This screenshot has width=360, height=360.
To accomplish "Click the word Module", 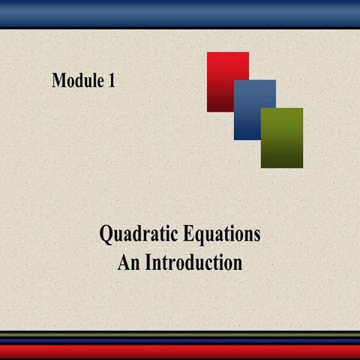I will pos(78,81).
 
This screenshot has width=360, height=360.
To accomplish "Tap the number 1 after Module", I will pos(111,81).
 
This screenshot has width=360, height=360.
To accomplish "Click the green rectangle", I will pos(283,139).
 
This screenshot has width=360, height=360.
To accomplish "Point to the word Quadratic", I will pos(135,235).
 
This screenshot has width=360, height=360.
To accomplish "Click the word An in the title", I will pos(128,263).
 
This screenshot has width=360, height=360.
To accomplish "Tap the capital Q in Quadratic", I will pos(107,235).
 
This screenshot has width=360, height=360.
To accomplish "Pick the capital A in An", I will pos(123,263).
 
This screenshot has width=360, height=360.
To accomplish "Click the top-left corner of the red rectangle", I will pos(208,52).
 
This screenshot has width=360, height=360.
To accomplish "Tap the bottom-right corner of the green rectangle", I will pos(302,167).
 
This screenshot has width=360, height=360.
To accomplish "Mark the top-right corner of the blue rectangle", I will pos(275,81).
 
